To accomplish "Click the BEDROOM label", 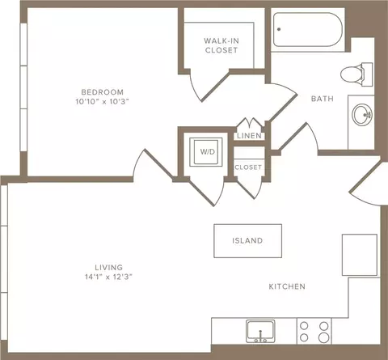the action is click(x=103, y=92).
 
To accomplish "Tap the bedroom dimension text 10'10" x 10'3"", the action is click(x=103, y=102).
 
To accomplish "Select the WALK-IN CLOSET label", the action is click(x=221, y=45).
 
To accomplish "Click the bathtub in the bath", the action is click(x=308, y=30).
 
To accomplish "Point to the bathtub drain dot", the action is click(x=279, y=29).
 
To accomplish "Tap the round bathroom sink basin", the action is click(x=362, y=115).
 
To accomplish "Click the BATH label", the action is click(x=323, y=99).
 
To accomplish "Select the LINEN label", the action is click(x=249, y=136).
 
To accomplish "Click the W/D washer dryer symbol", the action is click(x=206, y=152).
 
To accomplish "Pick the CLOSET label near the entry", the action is click(x=248, y=167).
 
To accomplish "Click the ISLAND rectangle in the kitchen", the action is click(x=248, y=241).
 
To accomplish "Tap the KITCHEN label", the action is click(x=287, y=286).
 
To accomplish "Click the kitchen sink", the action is click(x=260, y=331).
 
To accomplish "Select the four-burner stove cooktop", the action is click(x=314, y=332).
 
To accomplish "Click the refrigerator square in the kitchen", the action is click(x=360, y=255).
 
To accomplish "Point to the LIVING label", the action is click(x=109, y=268).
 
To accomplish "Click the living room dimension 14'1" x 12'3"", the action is click(x=109, y=277).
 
